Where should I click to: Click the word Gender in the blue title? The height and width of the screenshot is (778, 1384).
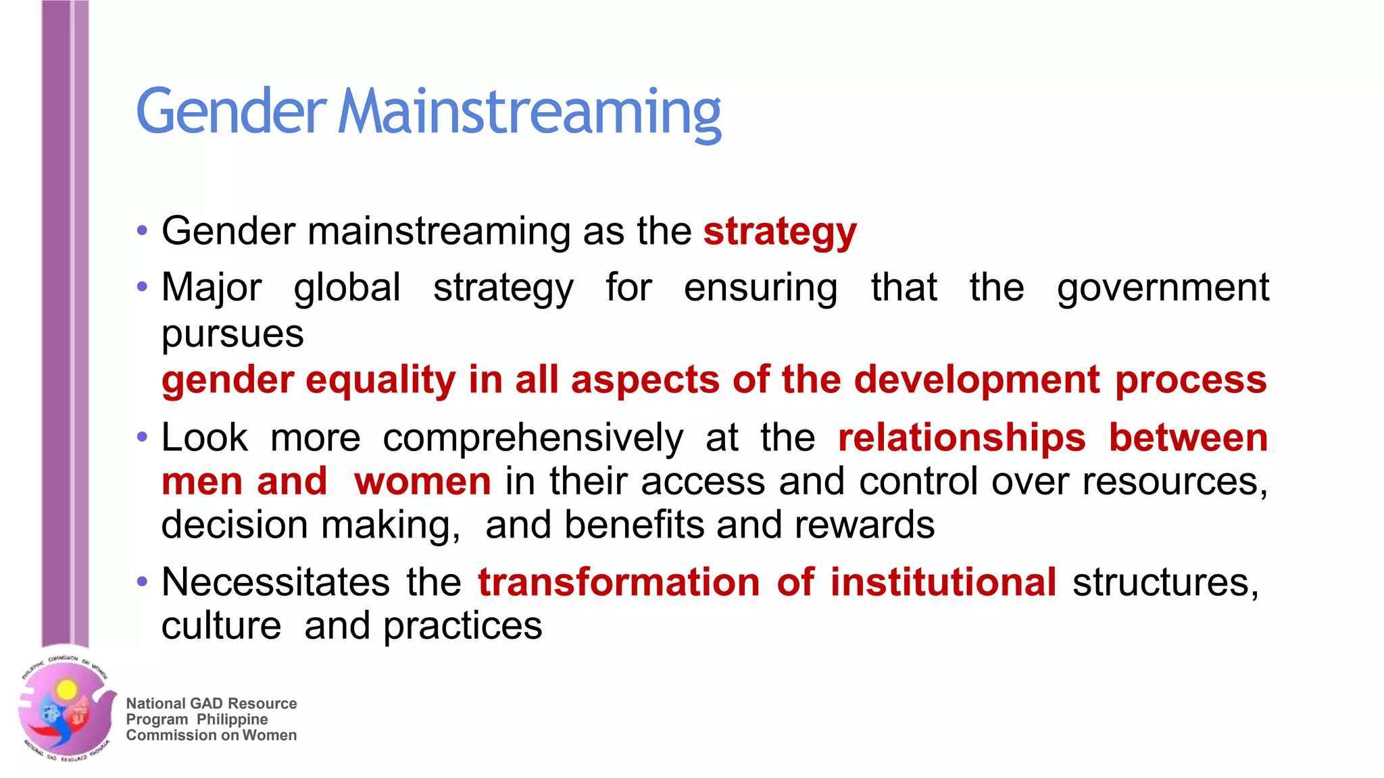231,111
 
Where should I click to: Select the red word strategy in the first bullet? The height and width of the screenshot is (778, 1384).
780,232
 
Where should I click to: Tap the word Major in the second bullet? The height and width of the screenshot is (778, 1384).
212,288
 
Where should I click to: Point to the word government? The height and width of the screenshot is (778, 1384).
1163,288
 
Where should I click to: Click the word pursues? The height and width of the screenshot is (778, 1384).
232,334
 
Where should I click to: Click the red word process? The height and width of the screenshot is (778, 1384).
1191,380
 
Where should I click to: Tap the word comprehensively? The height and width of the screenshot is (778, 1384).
533,438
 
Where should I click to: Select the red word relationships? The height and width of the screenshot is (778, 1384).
962,438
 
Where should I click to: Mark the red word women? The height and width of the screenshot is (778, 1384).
422,482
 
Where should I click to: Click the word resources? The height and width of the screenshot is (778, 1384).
1175,482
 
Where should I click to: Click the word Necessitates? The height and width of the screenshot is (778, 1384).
276,582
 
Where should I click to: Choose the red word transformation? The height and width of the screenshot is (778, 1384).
619,582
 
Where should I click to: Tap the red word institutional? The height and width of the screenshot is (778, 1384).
943,582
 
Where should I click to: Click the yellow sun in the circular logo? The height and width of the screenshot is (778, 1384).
66,690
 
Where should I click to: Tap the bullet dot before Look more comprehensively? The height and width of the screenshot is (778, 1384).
142,437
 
